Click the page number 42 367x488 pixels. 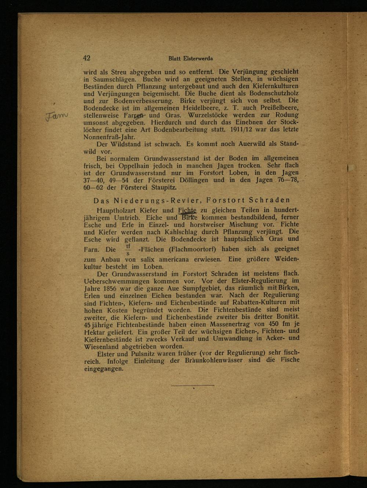87,58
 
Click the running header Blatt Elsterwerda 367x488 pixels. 190,58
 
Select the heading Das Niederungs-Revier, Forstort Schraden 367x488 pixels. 192,200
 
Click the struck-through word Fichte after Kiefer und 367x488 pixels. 187,211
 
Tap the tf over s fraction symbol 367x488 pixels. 128,250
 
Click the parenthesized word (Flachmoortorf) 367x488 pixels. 192,250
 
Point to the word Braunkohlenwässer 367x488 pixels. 214,361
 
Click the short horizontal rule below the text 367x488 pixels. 192,385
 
